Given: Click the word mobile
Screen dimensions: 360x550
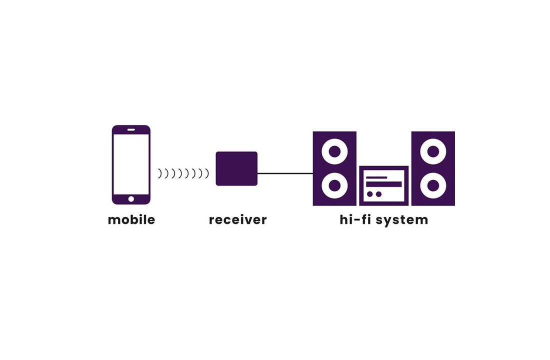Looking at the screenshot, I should point(131,219).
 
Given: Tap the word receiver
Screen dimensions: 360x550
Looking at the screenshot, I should point(237,219).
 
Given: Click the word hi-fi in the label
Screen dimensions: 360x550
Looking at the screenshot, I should point(356,219).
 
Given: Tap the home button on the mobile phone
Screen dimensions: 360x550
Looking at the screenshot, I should point(131,199).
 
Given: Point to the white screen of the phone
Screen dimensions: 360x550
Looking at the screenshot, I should point(131,164).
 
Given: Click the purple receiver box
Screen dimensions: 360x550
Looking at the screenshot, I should point(236,168).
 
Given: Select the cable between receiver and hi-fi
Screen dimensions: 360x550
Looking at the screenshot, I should point(285,173).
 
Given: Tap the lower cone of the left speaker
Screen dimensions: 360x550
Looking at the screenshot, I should point(334,186).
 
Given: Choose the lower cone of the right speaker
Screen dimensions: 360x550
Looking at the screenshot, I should point(433,186).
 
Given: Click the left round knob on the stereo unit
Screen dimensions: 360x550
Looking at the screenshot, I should point(370,194).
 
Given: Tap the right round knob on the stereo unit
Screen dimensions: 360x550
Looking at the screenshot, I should point(378,194).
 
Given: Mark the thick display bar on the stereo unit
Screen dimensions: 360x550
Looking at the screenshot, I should point(384,184).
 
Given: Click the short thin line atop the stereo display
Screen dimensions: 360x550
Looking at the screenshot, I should point(376,177).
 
